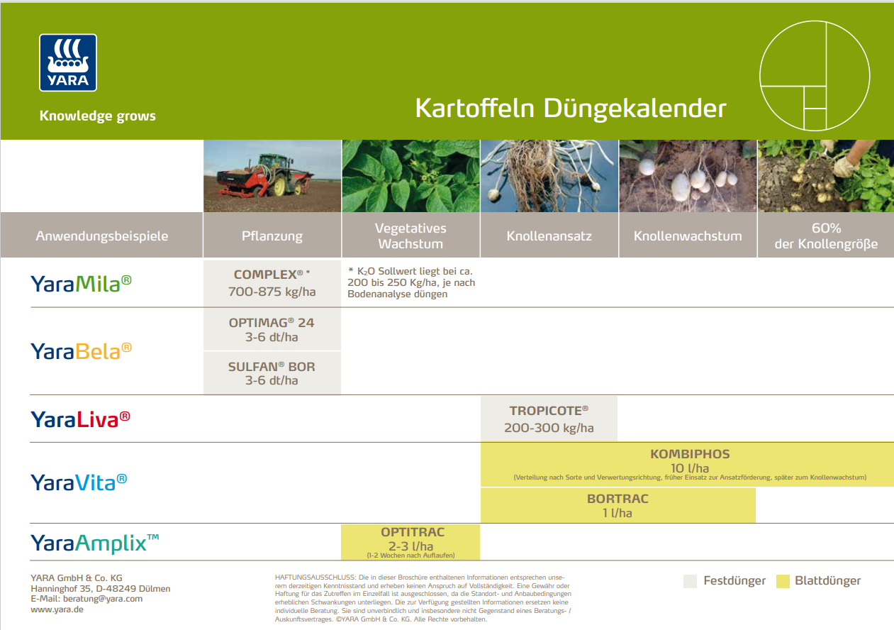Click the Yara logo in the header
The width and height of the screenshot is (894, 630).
(68, 62)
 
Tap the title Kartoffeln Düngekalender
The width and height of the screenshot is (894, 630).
(571, 109)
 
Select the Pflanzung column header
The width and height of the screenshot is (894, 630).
(272, 236)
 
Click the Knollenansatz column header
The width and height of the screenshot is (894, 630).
(549, 236)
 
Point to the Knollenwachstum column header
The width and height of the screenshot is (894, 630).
(688, 236)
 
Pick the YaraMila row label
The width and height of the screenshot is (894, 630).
(81, 283)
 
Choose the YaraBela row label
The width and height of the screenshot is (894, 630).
(81, 350)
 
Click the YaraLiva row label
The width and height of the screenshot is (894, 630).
(80, 419)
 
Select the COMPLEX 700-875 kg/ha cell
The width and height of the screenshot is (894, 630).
(272, 283)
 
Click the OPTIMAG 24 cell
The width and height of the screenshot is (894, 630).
(272, 329)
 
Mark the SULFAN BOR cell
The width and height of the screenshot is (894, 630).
(272, 373)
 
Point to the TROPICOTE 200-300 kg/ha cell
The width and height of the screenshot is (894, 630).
(549, 419)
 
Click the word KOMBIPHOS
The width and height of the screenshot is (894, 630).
(690, 454)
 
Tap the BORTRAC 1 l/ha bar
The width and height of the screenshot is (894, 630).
(618, 506)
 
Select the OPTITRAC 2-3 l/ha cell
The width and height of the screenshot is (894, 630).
(411, 542)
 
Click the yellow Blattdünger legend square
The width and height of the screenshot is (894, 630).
(783, 582)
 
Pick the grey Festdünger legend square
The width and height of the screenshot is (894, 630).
(691, 582)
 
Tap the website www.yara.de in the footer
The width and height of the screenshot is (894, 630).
(57, 609)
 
